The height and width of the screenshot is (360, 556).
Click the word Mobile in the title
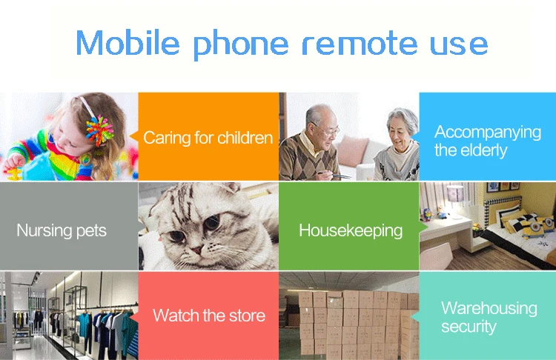coord(128,42)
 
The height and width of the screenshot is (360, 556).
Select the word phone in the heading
coord(241,44)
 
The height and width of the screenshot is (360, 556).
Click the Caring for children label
coord(208,138)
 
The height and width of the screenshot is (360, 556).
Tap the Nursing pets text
coord(62,230)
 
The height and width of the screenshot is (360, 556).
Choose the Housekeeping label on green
coord(351,230)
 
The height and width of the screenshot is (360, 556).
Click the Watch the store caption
coord(209,315)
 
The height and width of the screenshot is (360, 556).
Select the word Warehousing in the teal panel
coord(489,307)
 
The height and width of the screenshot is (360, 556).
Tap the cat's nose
coord(196,250)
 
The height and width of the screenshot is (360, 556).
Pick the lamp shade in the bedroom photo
coord(455,194)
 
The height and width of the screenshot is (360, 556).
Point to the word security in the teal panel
coord(469,327)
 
